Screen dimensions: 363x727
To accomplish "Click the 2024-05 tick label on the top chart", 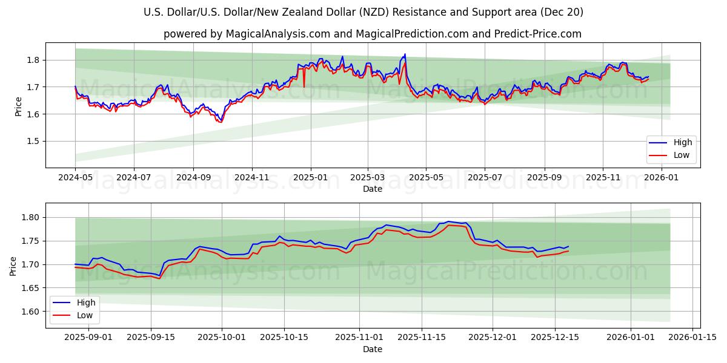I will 75,178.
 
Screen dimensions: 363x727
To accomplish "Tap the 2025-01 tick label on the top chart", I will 311,178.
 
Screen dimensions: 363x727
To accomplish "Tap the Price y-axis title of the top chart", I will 18,106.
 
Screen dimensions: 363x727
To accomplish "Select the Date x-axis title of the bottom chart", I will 373,349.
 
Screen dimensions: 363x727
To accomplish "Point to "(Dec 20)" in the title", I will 562,12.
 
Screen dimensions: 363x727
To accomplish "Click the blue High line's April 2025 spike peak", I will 405,54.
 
